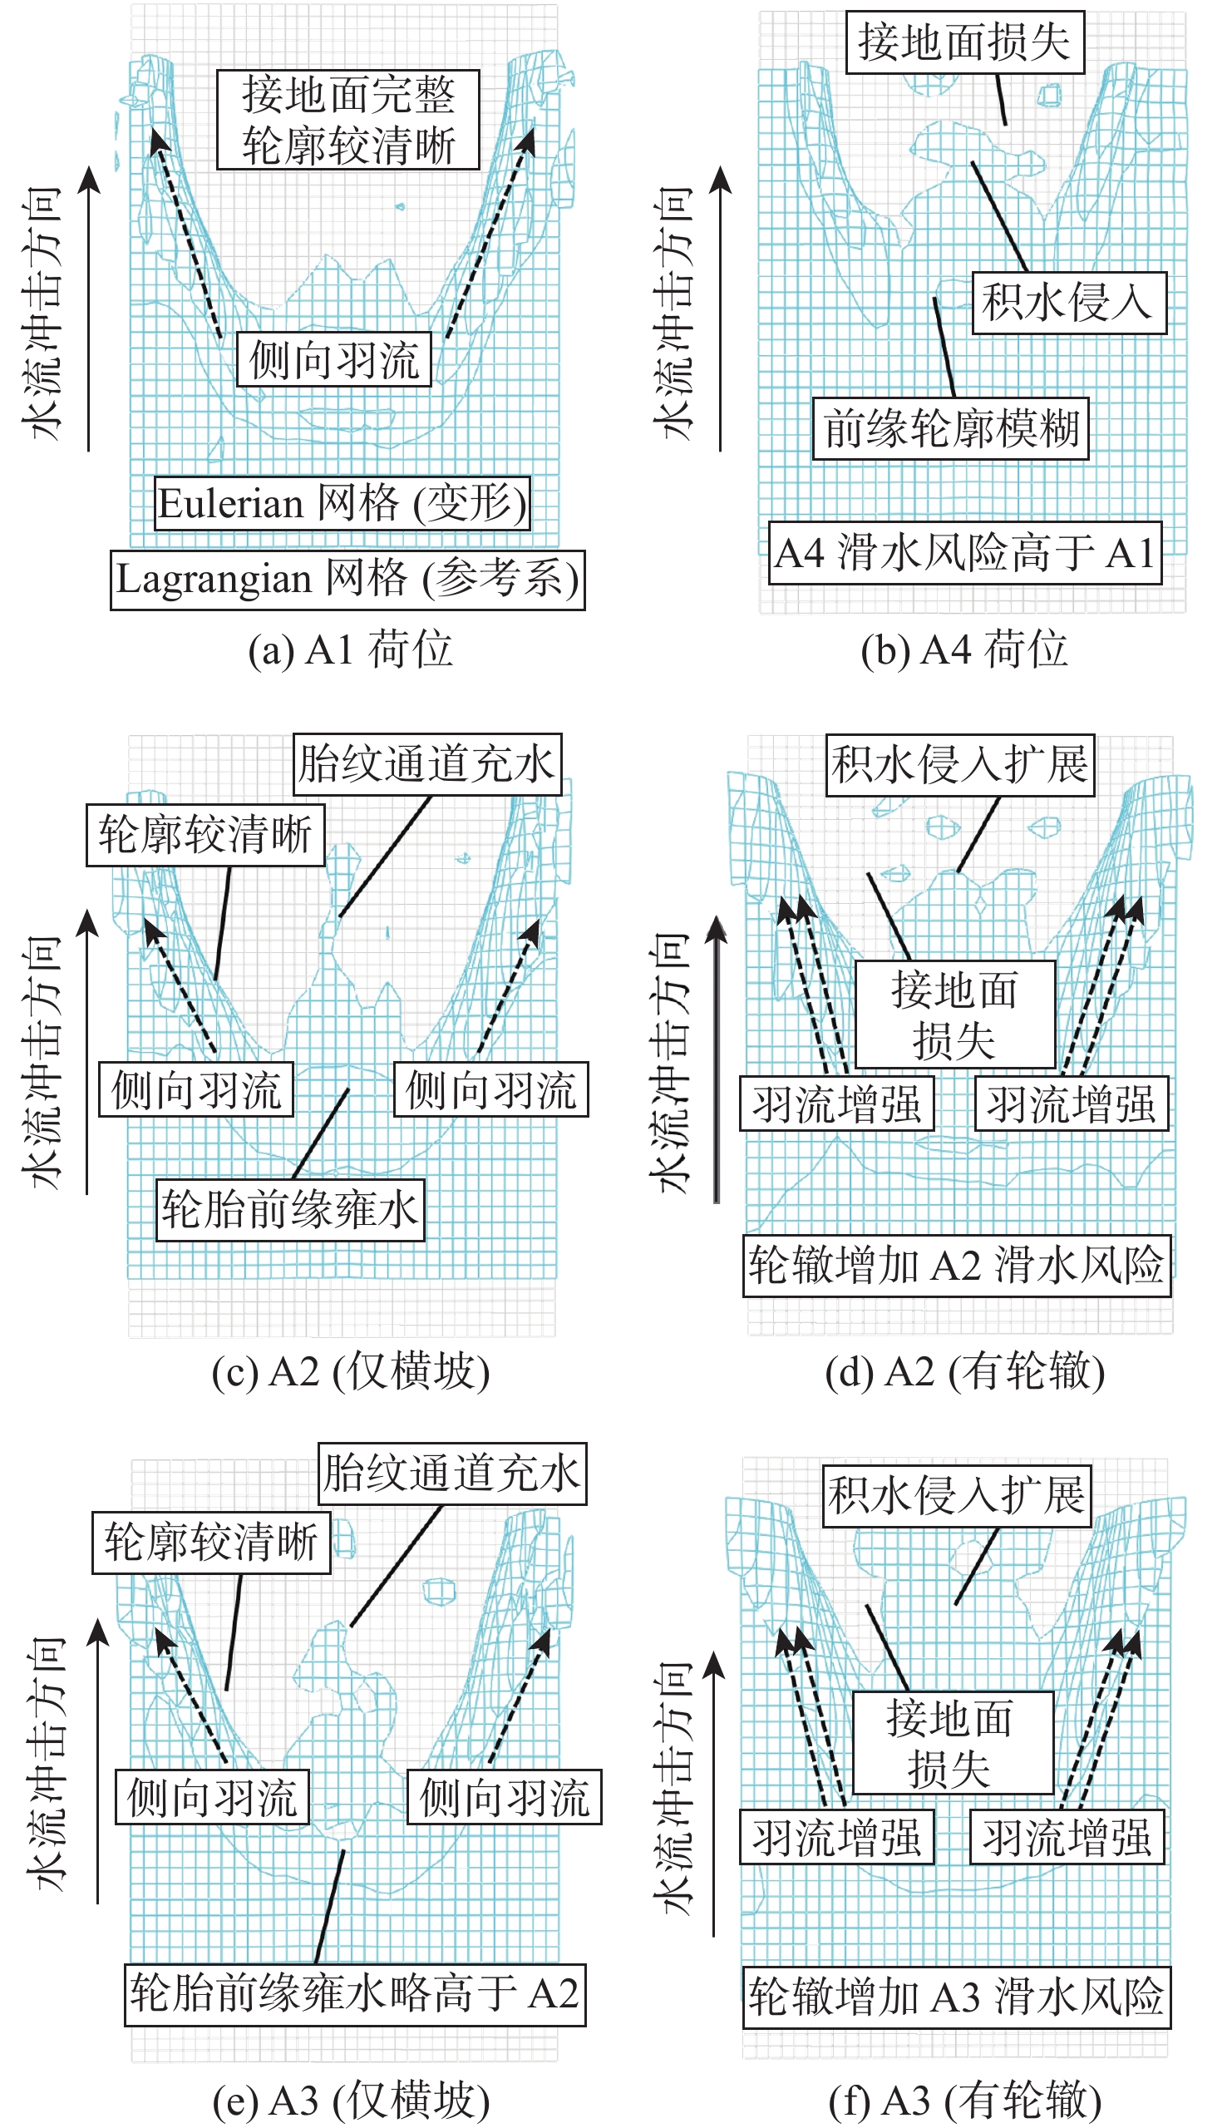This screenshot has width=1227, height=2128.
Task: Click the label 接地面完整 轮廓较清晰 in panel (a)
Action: (x=348, y=120)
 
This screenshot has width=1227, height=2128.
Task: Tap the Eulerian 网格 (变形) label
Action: (x=342, y=503)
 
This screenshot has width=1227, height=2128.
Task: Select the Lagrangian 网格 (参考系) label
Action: (x=348, y=580)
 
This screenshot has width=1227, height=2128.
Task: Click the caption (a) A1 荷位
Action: (x=350, y=649)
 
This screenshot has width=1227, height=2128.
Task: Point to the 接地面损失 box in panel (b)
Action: (x=965, y=42)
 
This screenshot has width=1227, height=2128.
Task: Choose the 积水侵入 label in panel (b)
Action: (x=1069, y=303)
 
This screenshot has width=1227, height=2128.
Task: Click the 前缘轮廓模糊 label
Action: (x=950, y=428)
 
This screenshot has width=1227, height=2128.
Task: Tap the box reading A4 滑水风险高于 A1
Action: (x=965, y=553)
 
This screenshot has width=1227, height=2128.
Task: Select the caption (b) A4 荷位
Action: (x=964, y=649)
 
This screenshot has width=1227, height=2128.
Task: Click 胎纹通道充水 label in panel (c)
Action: (x=427, y=763)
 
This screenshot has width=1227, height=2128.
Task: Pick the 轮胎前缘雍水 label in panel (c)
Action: (x=290, y=1209)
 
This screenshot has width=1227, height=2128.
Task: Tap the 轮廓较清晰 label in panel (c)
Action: (x=205, y=834)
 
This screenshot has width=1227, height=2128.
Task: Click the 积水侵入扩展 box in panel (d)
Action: (x=960, y=764)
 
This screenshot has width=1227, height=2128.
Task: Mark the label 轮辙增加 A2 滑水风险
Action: (x=958, y=1265)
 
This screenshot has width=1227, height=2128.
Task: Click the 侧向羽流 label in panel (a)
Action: (x=333, y=360)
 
